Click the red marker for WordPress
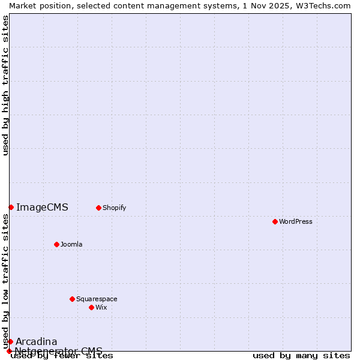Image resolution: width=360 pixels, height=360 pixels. pos(275,221)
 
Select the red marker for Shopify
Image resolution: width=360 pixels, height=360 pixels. pos(98,208)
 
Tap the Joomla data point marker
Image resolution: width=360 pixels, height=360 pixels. pos(56,244)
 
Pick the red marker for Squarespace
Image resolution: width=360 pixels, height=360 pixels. pos(72,299)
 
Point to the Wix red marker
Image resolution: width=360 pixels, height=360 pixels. pos(91,307)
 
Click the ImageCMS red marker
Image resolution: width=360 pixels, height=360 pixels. pos(11,207)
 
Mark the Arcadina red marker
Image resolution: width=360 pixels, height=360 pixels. pos(10,341)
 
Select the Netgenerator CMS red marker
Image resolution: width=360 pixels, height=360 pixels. pos(9,351)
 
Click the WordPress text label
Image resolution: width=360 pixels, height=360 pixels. pos(296,221)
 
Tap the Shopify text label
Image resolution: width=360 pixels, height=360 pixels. pos(114,208)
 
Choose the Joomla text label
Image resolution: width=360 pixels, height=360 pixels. pos(71,244)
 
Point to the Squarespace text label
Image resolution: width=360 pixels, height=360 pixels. pos(97,299)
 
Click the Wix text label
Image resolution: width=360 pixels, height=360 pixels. pos(101,307)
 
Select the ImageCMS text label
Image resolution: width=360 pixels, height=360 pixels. pos(42,208)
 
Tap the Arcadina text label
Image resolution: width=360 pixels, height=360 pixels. pos(37,342)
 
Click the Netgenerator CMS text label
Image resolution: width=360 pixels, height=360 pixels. pos(58,351)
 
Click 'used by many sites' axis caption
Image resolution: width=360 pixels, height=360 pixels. pos(301,356)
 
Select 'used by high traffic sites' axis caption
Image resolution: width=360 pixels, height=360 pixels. pos(5,85)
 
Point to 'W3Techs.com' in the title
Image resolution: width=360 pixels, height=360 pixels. pos(326,5)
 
